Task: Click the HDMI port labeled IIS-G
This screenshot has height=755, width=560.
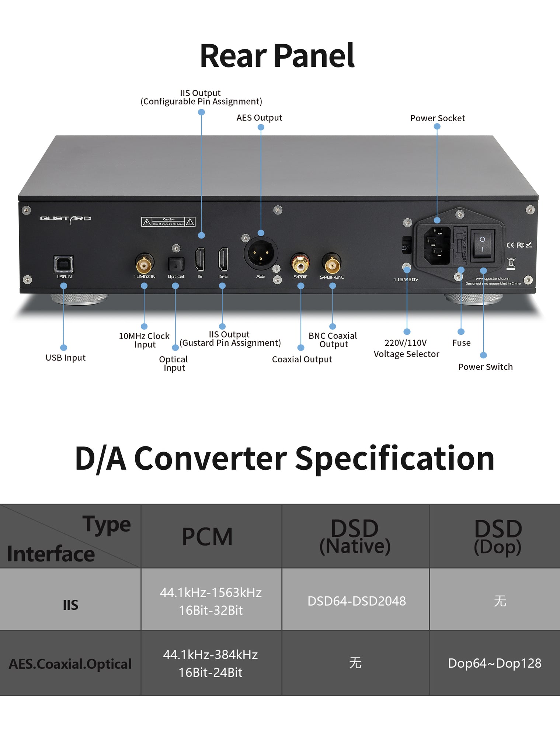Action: click(x=223, y=259)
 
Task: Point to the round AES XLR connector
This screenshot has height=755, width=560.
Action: click(x=261, y=254)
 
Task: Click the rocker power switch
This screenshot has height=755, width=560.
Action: click(x=482, y=244)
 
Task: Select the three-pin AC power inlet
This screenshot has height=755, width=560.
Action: click(x=437, y=246)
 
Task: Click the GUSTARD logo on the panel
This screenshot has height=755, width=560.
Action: click(x=66, y=219)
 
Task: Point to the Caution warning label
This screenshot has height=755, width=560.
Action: click(x=168, y=222)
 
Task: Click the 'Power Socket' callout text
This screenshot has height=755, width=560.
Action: click(x=437, y=118)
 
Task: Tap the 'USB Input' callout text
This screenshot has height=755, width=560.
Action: click(x=65, y=358)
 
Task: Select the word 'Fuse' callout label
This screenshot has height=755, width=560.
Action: click(x=461, y=343)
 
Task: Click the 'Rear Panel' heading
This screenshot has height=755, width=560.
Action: click(x=277, y=56)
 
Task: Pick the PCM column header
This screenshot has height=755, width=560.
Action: click(x=207, y=537)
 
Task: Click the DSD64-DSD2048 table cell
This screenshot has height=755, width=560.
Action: click(x=356, y=601)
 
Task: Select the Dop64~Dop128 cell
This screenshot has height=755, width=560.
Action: click(x=494, y=663)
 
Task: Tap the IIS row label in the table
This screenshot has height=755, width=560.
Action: click(x=70, y=605)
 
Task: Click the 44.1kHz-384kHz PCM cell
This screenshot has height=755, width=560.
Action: click(x=211, y=663)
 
